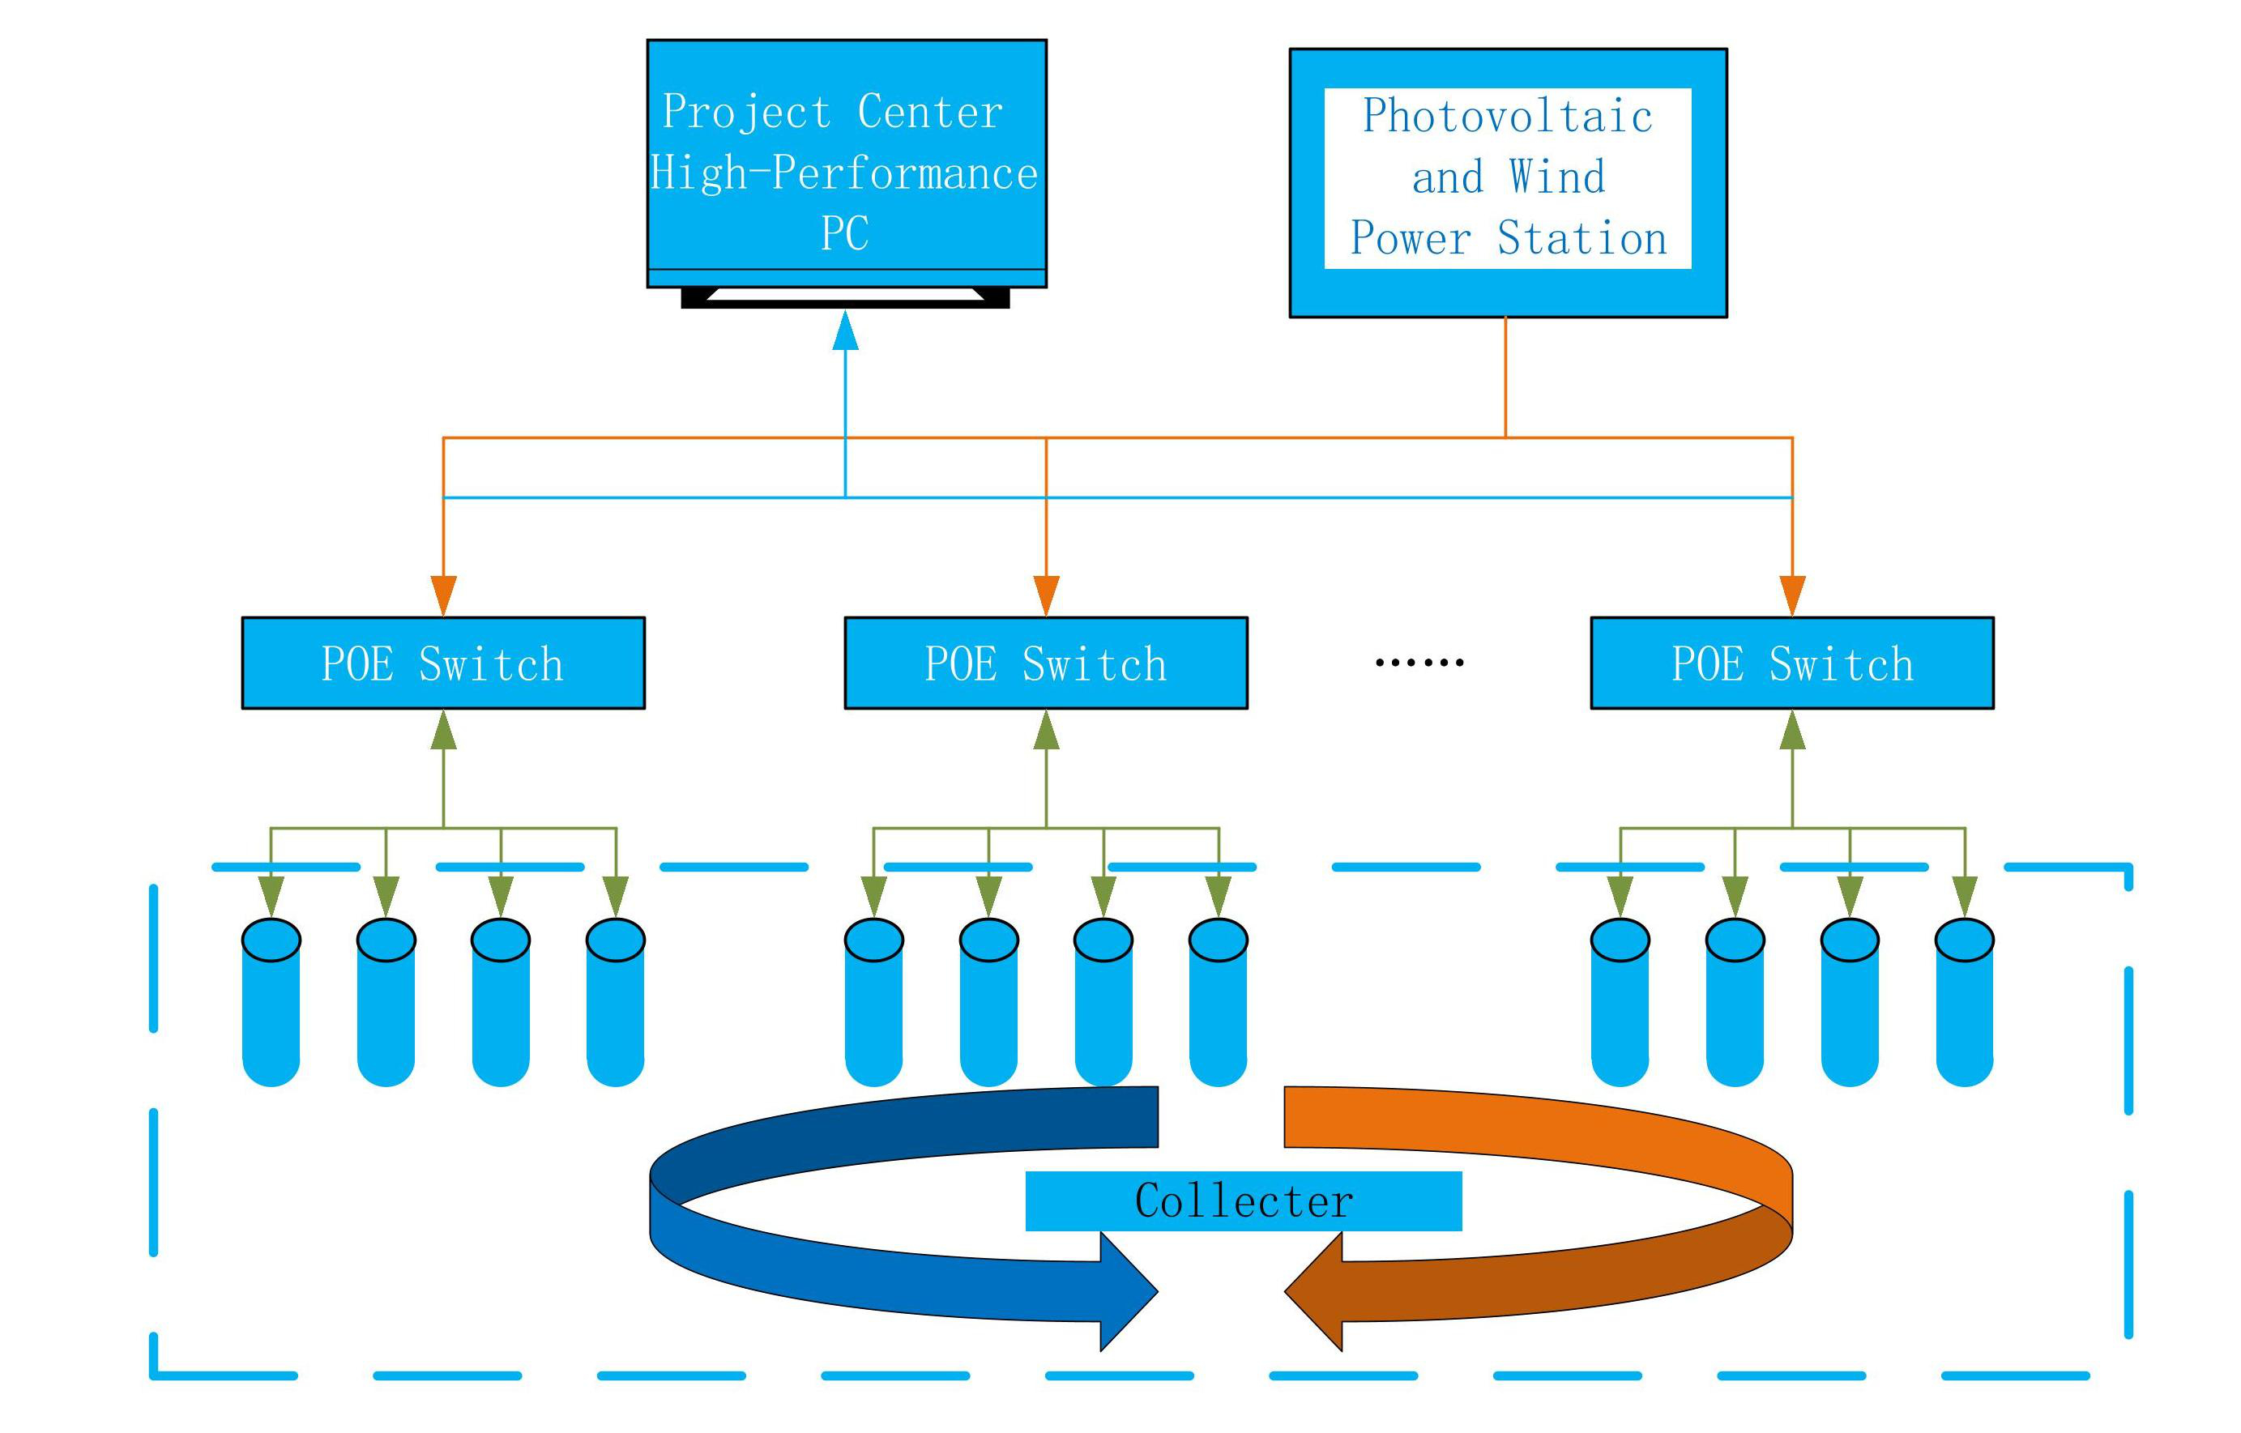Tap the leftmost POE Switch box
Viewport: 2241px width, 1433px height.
tap(443, 663)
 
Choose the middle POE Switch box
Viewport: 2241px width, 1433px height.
tap(1046, 663)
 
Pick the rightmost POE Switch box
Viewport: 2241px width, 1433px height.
tap(1791, 663)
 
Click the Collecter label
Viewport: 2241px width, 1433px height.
tap(1244, 1201)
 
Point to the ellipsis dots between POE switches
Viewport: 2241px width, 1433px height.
tap(1419, 663)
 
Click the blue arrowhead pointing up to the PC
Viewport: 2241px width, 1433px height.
tap(845, 331)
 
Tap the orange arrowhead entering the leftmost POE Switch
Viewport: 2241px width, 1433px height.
tap(444, 595)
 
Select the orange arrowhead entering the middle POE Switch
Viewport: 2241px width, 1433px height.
tap(1046, 595)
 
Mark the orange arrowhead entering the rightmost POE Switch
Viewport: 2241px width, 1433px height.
tap(1792, 595)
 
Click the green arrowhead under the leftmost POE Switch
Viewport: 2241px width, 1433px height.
tap(444, 731)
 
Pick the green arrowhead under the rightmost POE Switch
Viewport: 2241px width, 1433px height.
tap(1792, 731)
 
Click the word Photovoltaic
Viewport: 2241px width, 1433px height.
tap(1508, 115)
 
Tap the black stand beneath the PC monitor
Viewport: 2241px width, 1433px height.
tap(845, 299)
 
